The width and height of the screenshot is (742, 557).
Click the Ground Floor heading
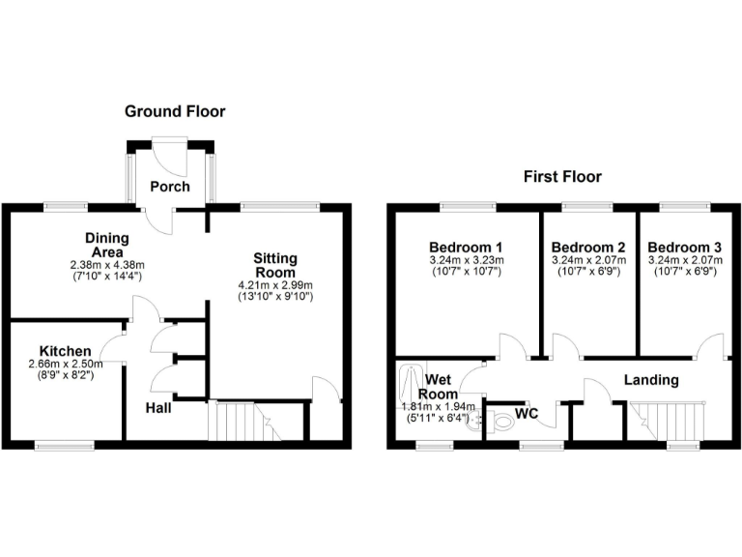tap(175, 111)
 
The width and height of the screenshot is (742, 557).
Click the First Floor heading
tap(562, 176)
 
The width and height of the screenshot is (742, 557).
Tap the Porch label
tap(169, 186)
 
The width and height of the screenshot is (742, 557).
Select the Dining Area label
tap(106, 244)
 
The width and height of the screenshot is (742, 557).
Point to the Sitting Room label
tap(275, 265)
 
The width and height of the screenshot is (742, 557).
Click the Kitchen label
tap(66, 350)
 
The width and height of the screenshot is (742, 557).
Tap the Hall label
tap(158, 408)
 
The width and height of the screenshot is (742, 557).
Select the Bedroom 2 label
tap(588, 246)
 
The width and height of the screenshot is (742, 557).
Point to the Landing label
tap(650, 380)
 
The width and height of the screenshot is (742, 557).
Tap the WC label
tap(527, 414)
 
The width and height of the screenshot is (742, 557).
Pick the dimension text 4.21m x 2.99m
tap(275, 285)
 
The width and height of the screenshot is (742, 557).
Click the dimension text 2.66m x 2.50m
tap(66, 364)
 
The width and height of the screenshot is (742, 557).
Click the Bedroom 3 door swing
tap(711, 344)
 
